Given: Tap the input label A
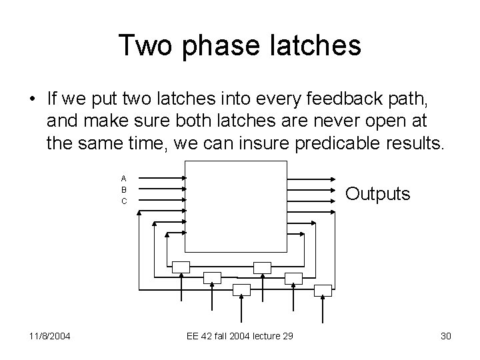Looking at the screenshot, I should click(x=124, y=178).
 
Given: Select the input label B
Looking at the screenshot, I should click(x=124, y=189).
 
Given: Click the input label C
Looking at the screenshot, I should click(x=124, y=201).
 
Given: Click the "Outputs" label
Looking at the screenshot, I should click(x=377, y=194).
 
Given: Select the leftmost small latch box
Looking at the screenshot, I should click(x=181, y=267).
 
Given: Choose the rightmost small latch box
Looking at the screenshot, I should click(x=323, y=289).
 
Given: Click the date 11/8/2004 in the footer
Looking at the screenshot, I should click(x=50, y=336).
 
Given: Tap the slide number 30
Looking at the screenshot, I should click(x=445, y=336).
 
